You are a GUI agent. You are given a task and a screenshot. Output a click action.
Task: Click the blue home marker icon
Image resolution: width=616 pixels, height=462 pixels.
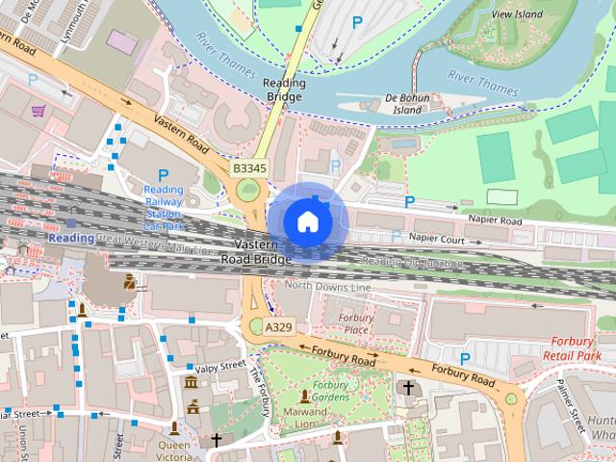(x=307, y=221)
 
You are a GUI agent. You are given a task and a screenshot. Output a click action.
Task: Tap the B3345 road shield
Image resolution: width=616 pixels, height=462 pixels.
(x=249, y=168)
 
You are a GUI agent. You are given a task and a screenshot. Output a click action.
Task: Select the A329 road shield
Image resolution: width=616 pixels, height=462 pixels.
(x=278, y=328)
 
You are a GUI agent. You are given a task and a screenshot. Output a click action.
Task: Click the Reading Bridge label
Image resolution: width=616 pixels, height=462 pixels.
(x=284, y=90)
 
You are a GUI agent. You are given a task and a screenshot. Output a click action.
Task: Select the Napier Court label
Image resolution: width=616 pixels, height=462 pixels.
(x=436, y=239)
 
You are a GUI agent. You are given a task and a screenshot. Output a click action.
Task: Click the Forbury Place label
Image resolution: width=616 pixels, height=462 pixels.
(x=356, y=323)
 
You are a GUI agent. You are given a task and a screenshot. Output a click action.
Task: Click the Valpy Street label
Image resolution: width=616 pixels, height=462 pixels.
(x=219, y=368)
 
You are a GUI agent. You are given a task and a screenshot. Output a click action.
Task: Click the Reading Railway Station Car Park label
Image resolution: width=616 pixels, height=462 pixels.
(x=164, y=208)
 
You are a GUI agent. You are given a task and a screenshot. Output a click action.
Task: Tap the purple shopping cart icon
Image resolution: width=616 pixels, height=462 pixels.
(x=39, y=111)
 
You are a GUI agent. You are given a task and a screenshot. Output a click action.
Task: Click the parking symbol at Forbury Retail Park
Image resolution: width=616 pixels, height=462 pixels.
(x=465, y=359)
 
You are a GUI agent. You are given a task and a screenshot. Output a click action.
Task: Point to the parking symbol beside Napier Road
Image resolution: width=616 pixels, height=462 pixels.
(x=410, y=202)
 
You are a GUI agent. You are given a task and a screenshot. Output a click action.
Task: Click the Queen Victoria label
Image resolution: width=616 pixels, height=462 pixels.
(x=174, y=451)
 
